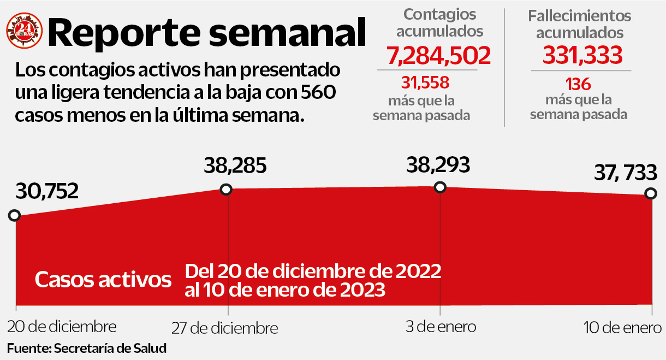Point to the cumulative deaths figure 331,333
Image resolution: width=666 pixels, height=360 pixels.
coord(582,55)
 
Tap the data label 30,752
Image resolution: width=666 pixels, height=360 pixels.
coord(47,191)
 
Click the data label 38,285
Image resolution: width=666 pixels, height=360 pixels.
coord(235,165)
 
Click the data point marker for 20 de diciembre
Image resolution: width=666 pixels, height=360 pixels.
coord(14,215)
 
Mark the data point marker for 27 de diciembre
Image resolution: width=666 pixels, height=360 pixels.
coord(226,190)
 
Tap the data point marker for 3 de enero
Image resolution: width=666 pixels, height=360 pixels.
coord(440,187)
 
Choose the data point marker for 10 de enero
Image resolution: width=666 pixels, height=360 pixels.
coord(651,193)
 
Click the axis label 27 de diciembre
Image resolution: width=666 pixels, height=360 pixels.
coord(224,329)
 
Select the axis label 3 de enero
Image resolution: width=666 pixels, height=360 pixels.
coord(441,327)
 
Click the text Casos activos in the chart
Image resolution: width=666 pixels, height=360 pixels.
coord(103,280)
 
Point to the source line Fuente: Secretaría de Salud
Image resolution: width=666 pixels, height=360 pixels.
coord(86,348)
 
